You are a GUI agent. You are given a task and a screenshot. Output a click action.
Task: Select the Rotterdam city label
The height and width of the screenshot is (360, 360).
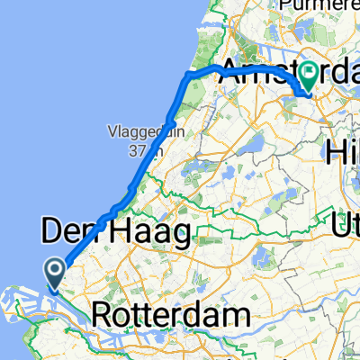(x=169, y=317)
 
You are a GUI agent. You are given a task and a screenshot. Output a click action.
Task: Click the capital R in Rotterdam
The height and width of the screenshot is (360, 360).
(x=103, y=317)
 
